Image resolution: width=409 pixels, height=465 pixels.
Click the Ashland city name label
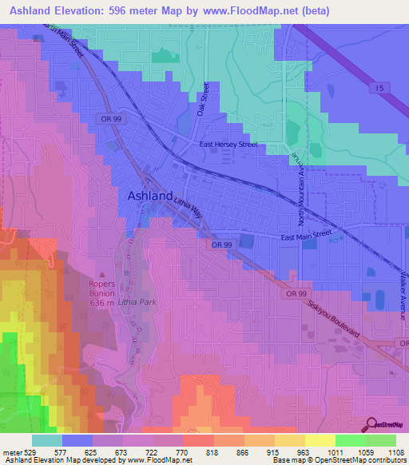[x=149, y=196]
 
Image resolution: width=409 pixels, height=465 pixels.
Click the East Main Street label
[x=305, y=236]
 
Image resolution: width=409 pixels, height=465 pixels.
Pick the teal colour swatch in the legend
[x=47, y=439]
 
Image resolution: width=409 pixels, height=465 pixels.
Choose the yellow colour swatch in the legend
[x=320, y=439]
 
